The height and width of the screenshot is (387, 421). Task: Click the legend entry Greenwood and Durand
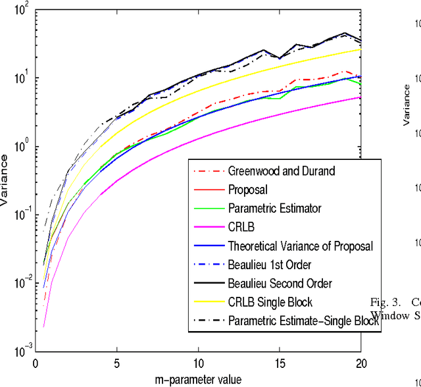[x=281, y=171]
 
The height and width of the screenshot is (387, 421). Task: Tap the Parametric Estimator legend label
[x=275, y=209]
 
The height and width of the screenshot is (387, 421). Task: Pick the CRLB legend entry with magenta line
[x=241, y=227]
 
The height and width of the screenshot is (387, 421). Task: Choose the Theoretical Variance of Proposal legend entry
[x=300, y=246]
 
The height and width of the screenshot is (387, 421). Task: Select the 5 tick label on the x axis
[x=117, y=363]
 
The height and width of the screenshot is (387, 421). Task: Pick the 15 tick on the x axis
[x=280, y=363]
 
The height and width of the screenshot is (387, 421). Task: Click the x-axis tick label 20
[x=360, y=363]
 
